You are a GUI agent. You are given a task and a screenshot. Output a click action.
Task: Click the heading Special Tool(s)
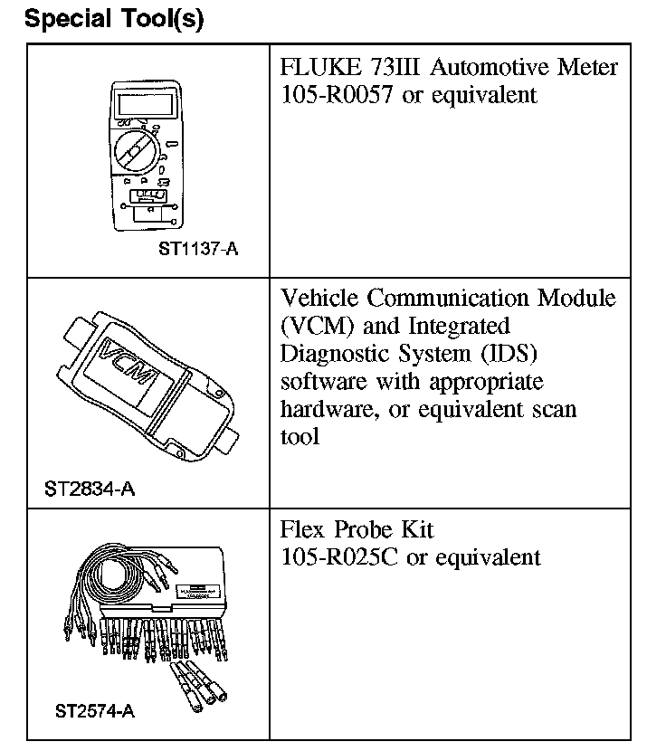[x=115, y=20]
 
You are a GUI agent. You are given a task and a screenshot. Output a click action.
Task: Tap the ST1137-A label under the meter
[x=199, y=249]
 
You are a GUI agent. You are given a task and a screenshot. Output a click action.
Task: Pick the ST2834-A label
[x=90, y=490]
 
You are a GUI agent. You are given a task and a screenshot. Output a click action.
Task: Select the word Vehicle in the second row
[x=321, y=298]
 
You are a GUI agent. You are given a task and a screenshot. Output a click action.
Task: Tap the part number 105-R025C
[x=340, y=556]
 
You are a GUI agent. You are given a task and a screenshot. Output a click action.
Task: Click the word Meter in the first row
[x=587, y=68]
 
